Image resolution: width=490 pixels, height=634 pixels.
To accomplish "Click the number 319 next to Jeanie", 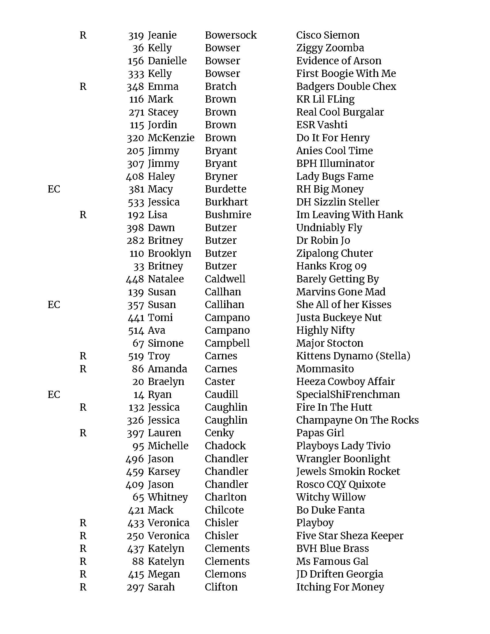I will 136,35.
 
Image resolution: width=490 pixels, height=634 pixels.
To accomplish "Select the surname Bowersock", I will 231,35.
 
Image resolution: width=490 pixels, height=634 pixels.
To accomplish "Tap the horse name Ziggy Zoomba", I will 330,48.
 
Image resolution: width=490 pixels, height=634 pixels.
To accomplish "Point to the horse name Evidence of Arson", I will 338,61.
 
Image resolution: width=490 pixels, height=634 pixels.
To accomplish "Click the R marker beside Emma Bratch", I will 83,86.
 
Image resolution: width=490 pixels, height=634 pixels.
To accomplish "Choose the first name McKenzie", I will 171,138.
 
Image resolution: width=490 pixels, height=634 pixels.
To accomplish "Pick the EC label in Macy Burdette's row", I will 54,189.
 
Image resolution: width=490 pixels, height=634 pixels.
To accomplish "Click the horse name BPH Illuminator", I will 335,163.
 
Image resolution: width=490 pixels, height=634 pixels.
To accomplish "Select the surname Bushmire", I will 228,215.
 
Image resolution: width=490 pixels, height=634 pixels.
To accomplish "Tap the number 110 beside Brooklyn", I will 136,253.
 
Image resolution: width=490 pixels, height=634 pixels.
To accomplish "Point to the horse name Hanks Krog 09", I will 331,266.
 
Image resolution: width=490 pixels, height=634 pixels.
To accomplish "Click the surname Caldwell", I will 225,279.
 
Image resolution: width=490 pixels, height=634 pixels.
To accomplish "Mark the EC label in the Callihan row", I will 54,305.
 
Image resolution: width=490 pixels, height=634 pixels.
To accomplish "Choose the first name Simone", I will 165,343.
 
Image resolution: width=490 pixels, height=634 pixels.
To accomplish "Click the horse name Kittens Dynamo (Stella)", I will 353,356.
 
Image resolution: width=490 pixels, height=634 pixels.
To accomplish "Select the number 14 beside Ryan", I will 139,395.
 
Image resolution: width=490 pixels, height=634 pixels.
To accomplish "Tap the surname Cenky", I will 219,433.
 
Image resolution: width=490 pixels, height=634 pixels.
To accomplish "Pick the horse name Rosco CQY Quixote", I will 341,484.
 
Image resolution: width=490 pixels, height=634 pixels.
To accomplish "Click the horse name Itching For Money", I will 340,587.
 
